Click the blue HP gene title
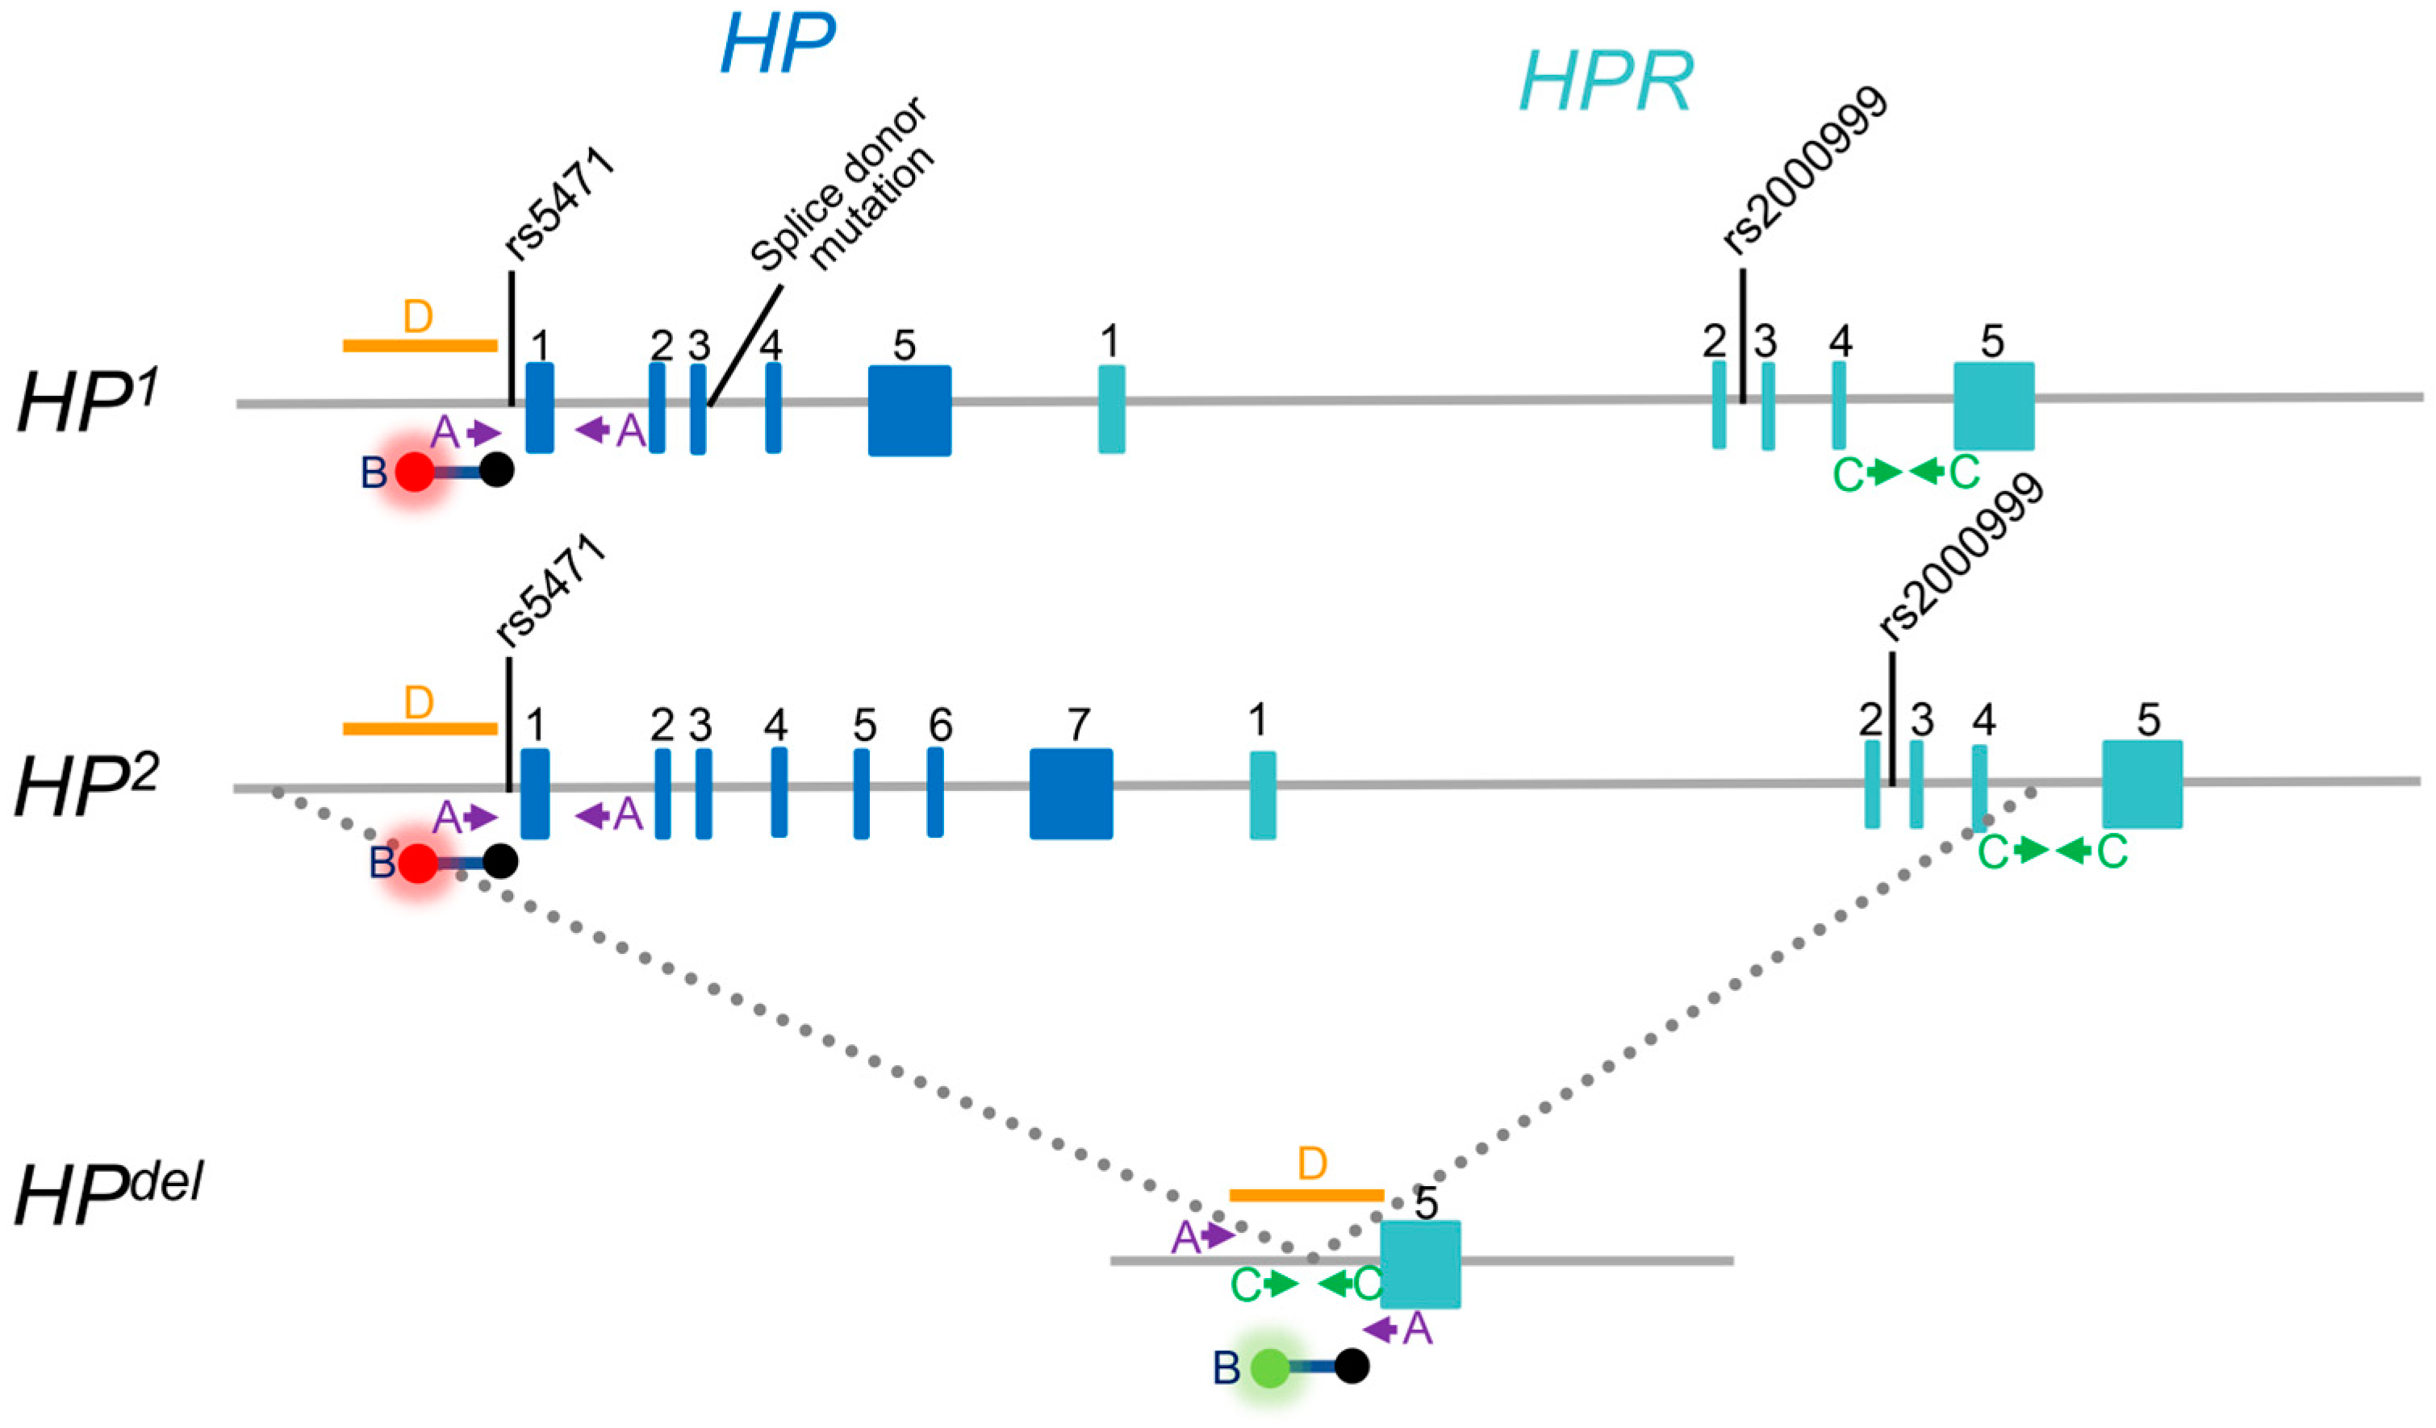pyautogui.click(x=777, y=45)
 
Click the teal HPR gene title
pyautogui.click(x=1606, y=83)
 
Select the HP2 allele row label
pyautogui.click(x=87, y=786)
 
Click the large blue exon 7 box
pyautogui.click(x=1070, y=793)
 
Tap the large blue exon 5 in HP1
pyautogui.click(x=909, y=410)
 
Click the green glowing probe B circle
pyautogui.click(x=1269, y=1368)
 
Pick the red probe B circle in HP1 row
pyautogui.click(x=416, y=473)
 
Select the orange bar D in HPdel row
pyautogui.click(x=1306, y=1195)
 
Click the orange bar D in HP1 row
pyautogui.click(x=420, y=345)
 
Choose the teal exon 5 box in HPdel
pyautogui.click(x=1419, y=1264)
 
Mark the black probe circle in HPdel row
pyautogui.click(x=1352, y=1366)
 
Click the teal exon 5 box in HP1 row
pyautogui.click(x=1993, y=406)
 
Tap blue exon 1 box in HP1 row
pyautogui.click(x=539, y=408)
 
